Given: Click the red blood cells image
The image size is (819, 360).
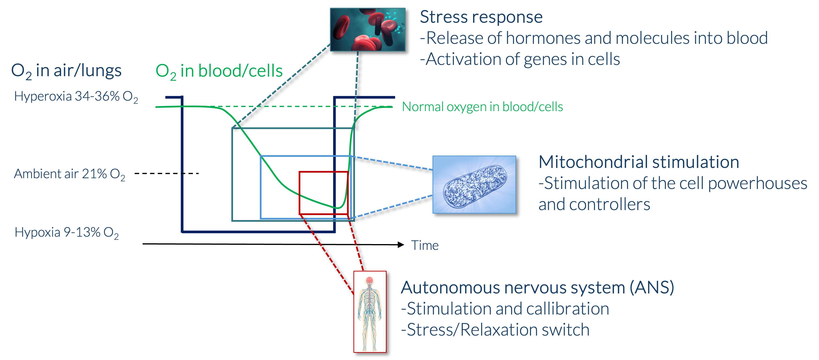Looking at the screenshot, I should (x=367, y=29).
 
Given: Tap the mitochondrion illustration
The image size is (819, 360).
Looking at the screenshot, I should (x=474, y=184).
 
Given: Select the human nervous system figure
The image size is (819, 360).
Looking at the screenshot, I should (x=370, y=312).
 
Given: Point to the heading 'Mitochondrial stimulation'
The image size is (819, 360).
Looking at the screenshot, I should (x=638, y=162).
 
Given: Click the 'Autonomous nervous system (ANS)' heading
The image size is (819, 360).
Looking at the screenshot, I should (x=537, y=288).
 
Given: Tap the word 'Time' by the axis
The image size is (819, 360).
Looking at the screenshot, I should (x=425, y=246).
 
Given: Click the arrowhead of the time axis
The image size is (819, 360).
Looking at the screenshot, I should (x=401, y=245).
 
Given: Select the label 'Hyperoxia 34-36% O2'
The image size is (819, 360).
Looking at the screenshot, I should (x=76, y=96).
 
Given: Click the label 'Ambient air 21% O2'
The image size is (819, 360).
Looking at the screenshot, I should (x=69, y=174).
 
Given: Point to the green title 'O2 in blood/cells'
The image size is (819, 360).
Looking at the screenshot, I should (x=219, y=71).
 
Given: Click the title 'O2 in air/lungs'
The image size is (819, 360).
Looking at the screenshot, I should (x=66, y=71).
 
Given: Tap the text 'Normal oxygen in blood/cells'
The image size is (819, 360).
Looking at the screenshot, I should (x=482, y=107).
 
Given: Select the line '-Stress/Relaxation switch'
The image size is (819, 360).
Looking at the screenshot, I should (x=495, y=330).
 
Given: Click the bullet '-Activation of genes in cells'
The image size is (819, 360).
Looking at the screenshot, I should (x=520, y=59).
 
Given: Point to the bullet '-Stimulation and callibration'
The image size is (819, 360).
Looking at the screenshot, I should (x=505, y=309).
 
